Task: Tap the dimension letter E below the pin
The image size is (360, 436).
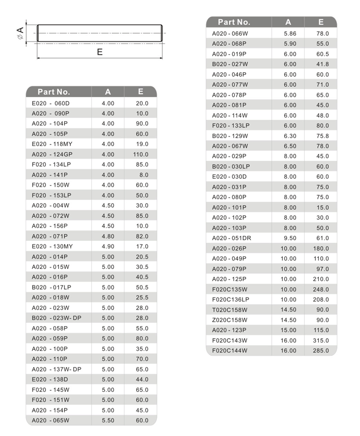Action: (100, 52)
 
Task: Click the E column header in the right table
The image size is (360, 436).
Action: (320, 22)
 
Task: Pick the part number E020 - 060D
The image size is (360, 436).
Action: (51, 103)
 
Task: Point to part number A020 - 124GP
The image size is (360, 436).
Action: (52, 155)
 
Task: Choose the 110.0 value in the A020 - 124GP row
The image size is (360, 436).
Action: (140, 155)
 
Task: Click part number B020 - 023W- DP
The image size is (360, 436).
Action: (56, 318)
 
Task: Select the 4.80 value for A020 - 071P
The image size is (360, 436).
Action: (108, 236)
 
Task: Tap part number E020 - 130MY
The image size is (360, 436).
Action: (52, 246)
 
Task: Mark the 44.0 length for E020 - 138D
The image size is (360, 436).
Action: (142, 379)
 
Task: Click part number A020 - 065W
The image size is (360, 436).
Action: (51, 420)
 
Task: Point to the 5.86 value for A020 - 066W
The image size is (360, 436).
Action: (290, 34)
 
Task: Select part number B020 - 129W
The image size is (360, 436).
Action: (230, 136)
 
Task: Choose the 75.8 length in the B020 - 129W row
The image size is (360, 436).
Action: (322, 136)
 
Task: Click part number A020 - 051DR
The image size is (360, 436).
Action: (232, 238)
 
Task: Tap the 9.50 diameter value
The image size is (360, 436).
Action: (290, 238)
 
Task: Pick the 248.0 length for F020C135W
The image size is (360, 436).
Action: (321, 289)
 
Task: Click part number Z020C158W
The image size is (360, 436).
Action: (230, 320)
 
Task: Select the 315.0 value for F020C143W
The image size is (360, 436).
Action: (321, 341)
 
